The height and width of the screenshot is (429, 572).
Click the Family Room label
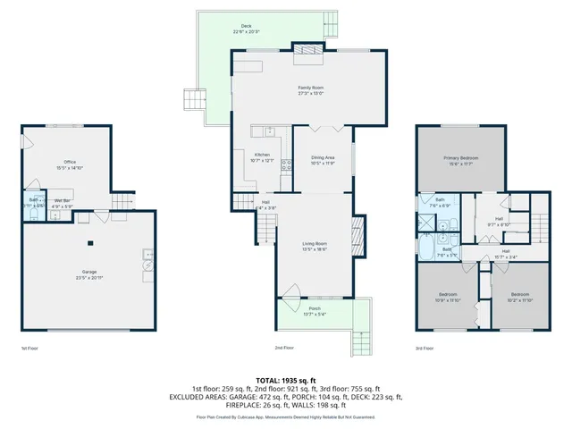point(310,88)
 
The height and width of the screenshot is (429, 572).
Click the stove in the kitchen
point(287,164)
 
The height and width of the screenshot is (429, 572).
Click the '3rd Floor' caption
point(426,349)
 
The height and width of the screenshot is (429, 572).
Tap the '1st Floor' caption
point(29,349)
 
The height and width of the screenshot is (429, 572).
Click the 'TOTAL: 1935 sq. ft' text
point(286,382)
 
